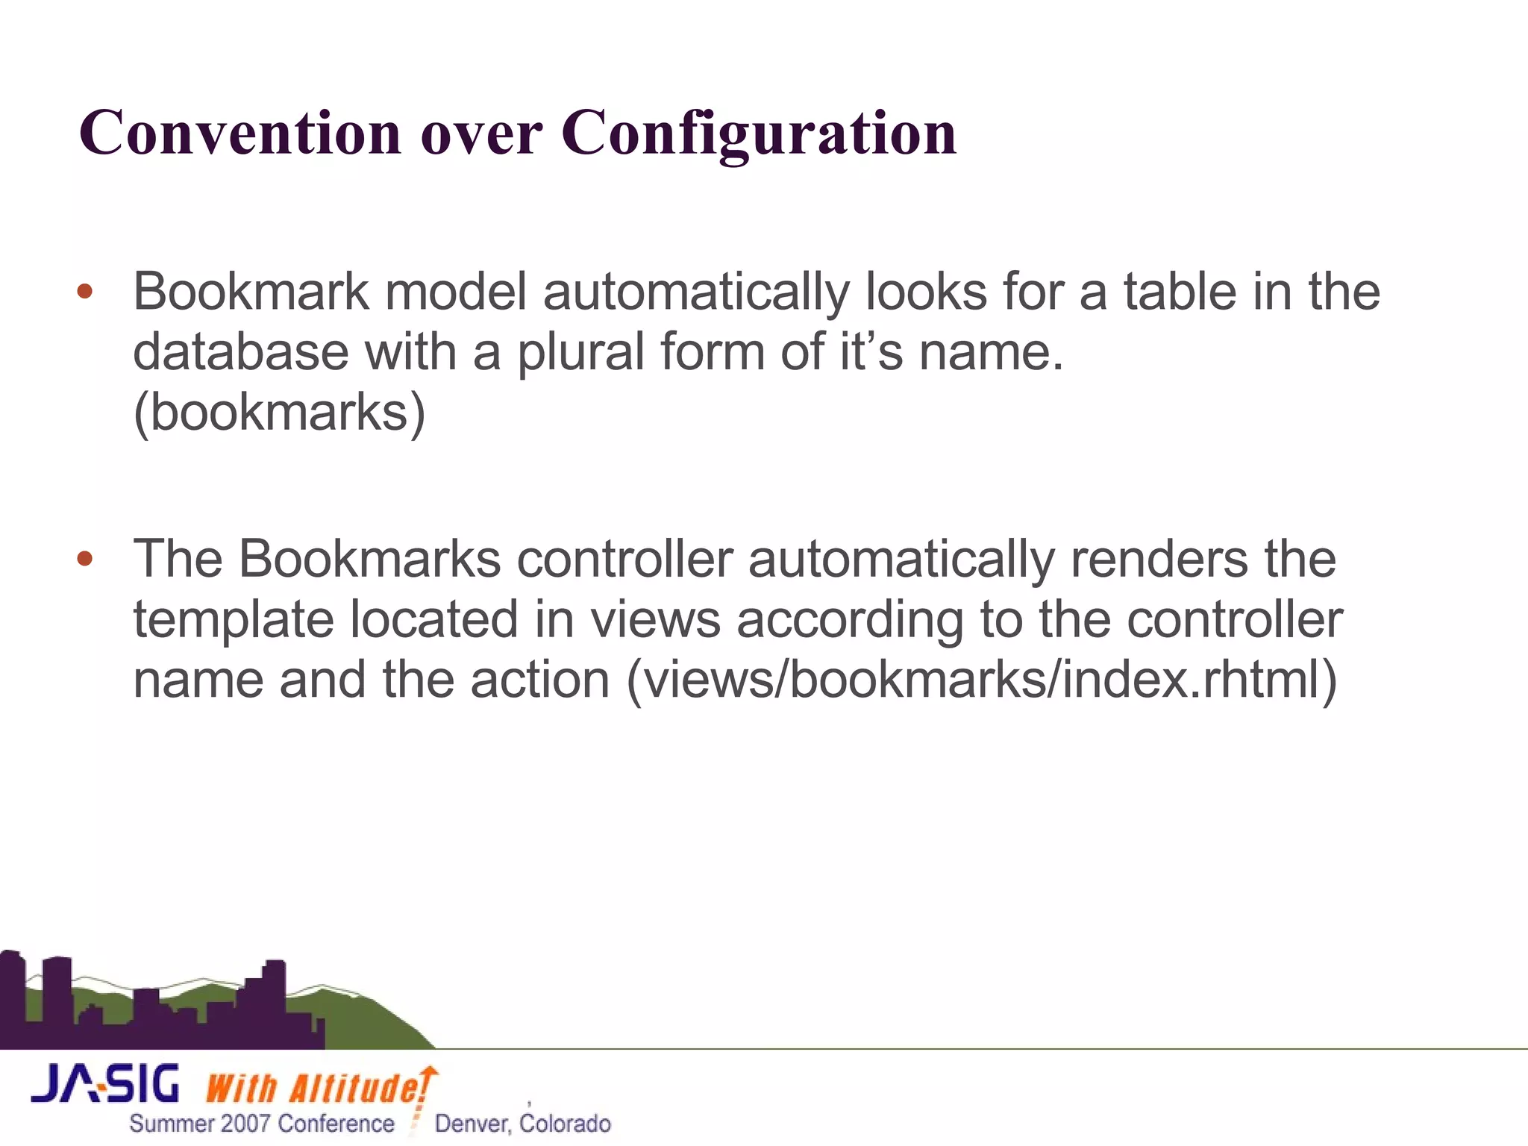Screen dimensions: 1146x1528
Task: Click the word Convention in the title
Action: [240, 133]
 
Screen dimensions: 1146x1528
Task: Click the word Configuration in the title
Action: [759, 133]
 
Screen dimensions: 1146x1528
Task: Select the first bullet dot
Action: [85, 292]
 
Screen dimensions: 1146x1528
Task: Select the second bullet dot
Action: [85, 559]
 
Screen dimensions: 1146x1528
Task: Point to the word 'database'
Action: [240, 351]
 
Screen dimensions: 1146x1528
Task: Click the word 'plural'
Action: [580, 353]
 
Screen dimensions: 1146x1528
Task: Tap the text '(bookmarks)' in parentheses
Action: [279, 413]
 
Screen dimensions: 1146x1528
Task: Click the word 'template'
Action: [233, 621]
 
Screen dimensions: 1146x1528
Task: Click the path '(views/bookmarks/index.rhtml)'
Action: [981, 680]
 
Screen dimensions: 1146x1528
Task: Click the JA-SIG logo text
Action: [105, 1084]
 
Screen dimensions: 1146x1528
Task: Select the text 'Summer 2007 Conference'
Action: [262, 1124]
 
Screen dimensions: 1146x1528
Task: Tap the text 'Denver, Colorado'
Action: [522, 1124]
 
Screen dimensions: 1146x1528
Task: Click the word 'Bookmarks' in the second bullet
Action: [369, 559]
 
